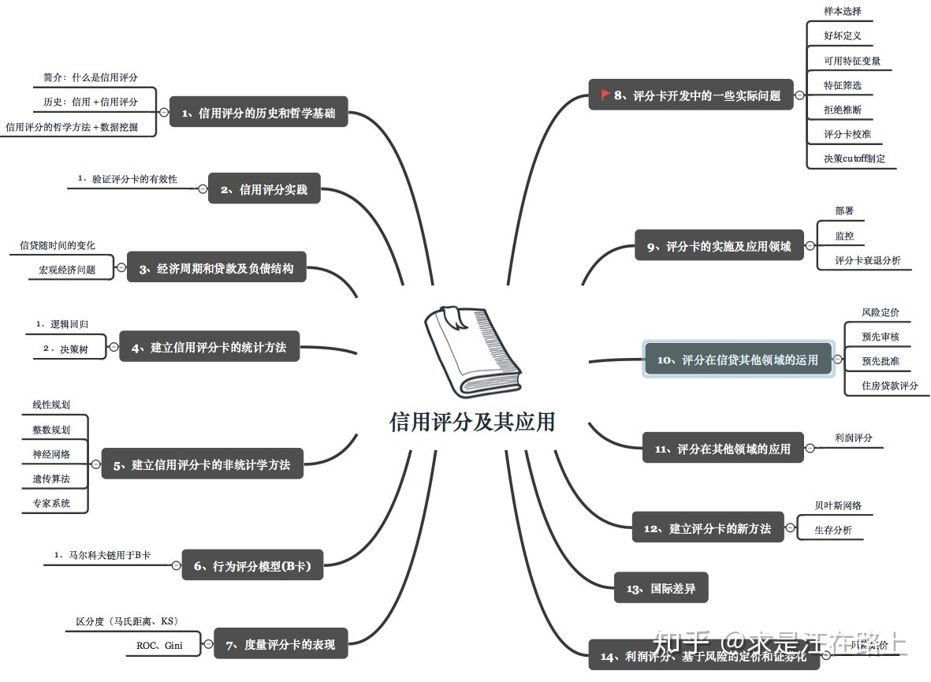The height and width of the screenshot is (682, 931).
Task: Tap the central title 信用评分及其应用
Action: pos(472,422)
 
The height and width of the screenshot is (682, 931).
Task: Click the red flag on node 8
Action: pos(605,95)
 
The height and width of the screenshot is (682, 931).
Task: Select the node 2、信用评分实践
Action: pos(264,189)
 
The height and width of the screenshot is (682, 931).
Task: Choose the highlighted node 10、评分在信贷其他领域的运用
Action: pos(738,360)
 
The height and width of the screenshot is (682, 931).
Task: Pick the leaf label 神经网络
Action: pos(51,454)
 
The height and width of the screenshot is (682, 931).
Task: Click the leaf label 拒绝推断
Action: pos(843,110)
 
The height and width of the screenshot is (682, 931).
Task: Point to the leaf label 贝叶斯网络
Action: pos(838,505)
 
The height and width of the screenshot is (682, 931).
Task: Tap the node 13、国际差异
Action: pos(661,588)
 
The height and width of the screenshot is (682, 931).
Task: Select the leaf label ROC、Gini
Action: pos(155,646)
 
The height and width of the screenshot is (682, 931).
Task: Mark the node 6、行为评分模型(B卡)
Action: pos(252,565)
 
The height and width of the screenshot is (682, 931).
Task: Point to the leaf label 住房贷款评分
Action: pos(891,386)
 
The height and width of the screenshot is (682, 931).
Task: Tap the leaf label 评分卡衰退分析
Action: pos(868,259)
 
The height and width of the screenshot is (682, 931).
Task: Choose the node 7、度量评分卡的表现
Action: pos(281,645)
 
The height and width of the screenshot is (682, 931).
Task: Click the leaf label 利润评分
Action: pos(854,438)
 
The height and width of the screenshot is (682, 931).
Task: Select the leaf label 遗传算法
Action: pos(51,479)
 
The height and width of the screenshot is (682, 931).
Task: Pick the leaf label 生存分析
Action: pos(833,530)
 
